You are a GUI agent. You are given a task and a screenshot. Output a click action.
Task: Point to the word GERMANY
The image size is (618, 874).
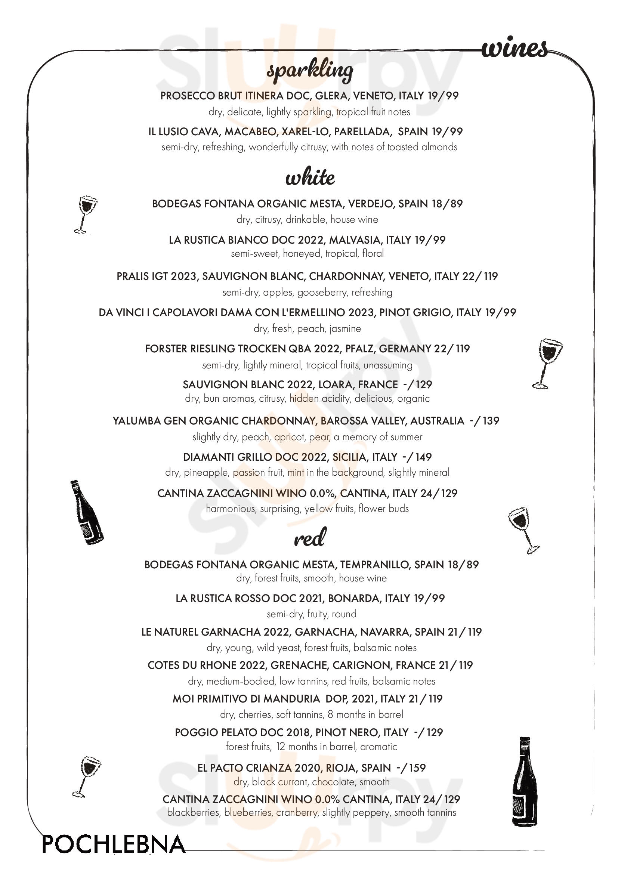click(404, 349)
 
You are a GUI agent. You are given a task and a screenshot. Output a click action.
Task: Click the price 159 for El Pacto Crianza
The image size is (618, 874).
click(417, 768)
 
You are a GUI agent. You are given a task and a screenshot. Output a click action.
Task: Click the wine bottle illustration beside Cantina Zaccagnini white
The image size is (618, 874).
click(86, 512)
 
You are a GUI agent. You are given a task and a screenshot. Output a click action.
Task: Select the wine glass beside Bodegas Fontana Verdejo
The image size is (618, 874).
click(85, 214)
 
